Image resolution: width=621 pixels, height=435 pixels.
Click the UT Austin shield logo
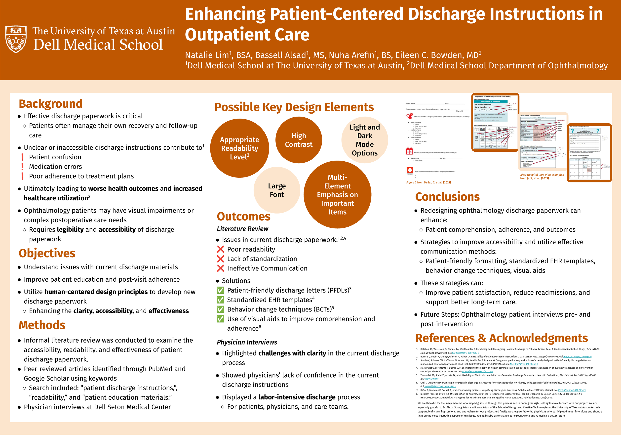16,39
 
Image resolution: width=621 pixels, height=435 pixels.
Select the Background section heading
51,104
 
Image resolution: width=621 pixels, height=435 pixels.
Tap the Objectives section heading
47,253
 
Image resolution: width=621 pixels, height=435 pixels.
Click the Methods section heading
42,325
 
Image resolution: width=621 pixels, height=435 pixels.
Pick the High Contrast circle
299,140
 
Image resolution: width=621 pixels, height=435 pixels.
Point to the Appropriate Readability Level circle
239,148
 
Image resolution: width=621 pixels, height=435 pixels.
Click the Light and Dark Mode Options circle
365,140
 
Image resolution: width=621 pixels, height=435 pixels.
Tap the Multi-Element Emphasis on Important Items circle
337,194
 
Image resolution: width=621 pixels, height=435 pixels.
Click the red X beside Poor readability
220,249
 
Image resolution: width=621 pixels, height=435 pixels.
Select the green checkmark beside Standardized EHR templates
220,300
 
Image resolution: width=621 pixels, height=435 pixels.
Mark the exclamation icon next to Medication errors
22,167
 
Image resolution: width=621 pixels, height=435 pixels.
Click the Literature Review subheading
242,229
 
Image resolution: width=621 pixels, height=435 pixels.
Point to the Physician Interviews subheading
247,342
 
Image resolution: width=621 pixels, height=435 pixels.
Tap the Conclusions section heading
447,197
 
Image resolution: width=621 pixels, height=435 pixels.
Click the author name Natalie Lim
207,55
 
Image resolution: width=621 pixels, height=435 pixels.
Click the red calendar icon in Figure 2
410,151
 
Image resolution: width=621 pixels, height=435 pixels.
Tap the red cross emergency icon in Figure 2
410,170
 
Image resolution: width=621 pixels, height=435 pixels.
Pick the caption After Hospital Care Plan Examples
542,175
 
